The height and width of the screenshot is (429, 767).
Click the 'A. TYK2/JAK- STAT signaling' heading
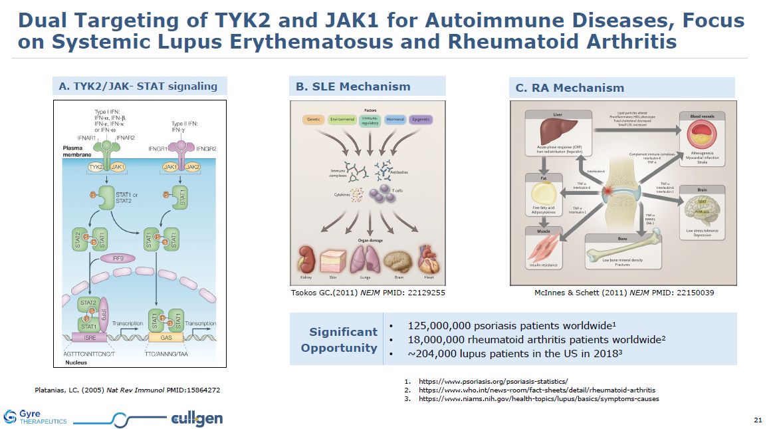(x=138, y=86)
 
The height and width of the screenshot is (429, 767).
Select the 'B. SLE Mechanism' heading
(x=353, y=86)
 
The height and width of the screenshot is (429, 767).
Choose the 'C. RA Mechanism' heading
(x=570, y=87)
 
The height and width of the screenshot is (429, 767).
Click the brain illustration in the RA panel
(x=701, y=212)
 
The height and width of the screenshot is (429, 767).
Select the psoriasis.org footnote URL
(x=493, y=381)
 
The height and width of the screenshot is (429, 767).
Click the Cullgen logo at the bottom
(x=196, y=418)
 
